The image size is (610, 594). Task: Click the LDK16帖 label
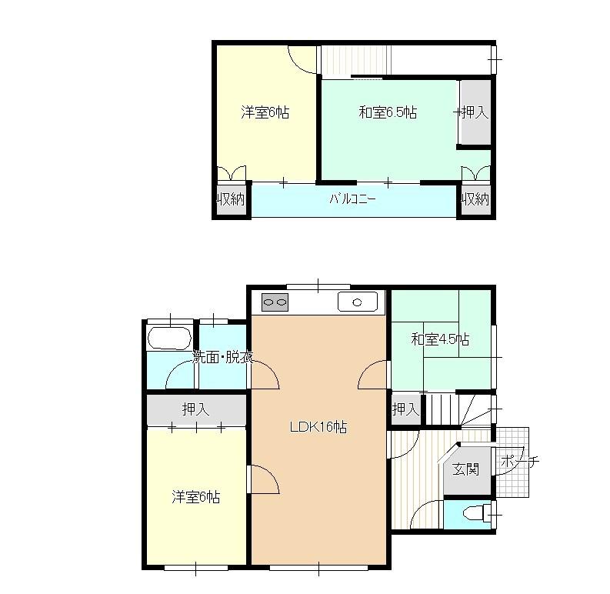pos(318,427)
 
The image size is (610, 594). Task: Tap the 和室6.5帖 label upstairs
pos(388,112)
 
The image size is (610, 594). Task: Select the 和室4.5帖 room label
pos(440,339)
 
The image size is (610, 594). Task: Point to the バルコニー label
pos(352,199)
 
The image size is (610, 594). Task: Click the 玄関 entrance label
pos(465,469)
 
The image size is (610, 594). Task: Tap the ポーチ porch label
pos(519,462)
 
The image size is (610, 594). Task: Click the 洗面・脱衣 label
pos(223,357)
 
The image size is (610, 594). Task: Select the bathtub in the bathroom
pos(170,338)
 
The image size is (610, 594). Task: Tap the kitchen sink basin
pos(358,302)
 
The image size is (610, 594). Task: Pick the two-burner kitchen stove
pos(275,302)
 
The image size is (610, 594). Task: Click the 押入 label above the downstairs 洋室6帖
pos(195,409)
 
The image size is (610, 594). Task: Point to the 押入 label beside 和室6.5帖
pos(474,112)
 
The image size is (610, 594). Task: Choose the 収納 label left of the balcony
pos(231,200)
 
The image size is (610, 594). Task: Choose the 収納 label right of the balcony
pos(475,200)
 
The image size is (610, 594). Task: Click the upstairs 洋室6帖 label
pos(265,112)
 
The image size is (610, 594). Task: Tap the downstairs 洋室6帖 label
pos(195,497)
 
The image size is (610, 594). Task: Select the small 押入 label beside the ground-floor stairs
pos(405,409)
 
